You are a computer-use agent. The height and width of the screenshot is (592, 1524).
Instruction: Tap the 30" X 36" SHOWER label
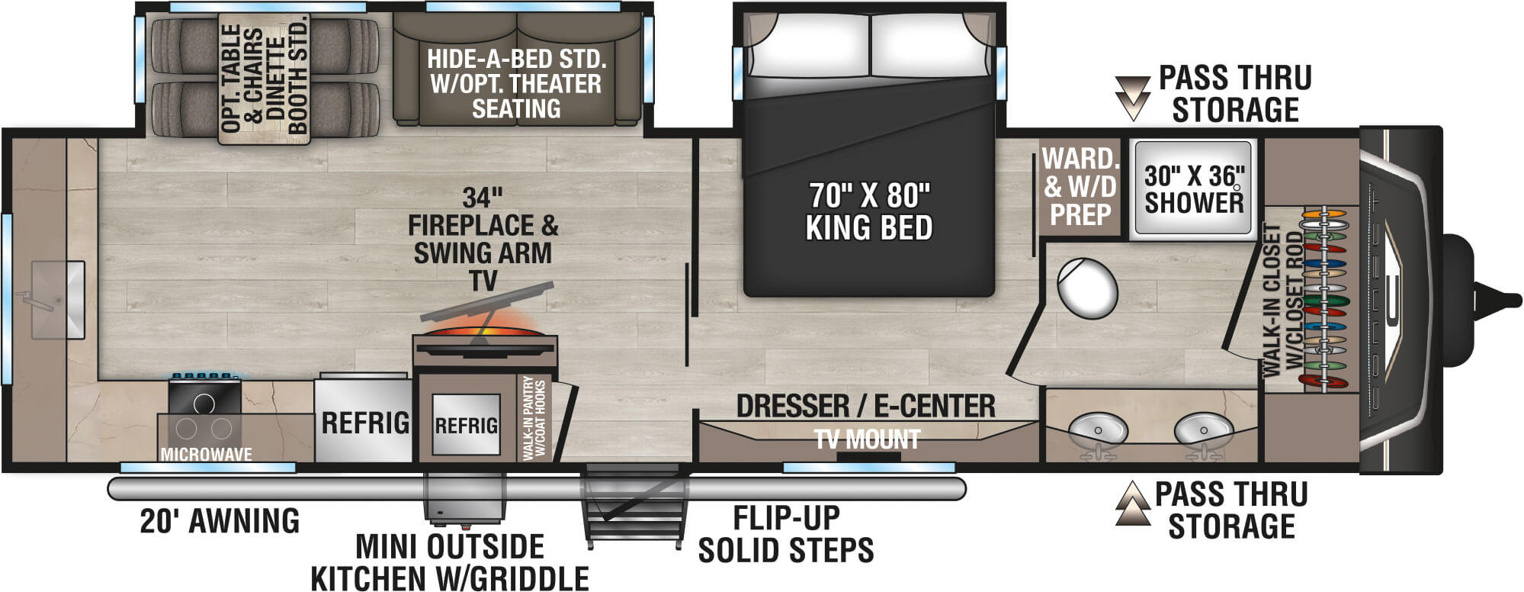point(1193,189)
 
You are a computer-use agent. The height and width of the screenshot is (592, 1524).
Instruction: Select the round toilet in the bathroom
point(1087,289)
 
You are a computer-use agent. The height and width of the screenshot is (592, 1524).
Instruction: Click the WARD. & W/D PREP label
point(1080,187)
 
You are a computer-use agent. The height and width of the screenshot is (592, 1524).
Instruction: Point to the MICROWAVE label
point(206,455)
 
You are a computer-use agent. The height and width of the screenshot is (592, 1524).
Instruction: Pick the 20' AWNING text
point(220,522)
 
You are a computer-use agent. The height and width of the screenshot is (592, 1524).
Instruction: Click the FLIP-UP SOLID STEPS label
point(785,534)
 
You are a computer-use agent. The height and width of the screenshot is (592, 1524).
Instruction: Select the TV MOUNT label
point(868,440)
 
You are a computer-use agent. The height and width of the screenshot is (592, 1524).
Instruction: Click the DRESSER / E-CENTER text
point(865,407)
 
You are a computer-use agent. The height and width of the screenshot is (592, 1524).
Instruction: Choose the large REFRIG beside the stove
point(365,422)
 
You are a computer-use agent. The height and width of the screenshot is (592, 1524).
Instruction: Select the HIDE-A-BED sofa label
point(516,83)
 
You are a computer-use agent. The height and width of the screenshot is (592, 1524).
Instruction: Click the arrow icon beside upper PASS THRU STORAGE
point(1132,96)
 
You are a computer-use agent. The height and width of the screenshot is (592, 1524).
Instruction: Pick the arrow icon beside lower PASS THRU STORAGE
point(1133,504)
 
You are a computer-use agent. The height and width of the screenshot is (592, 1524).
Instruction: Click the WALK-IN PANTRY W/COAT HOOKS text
point(534,419)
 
